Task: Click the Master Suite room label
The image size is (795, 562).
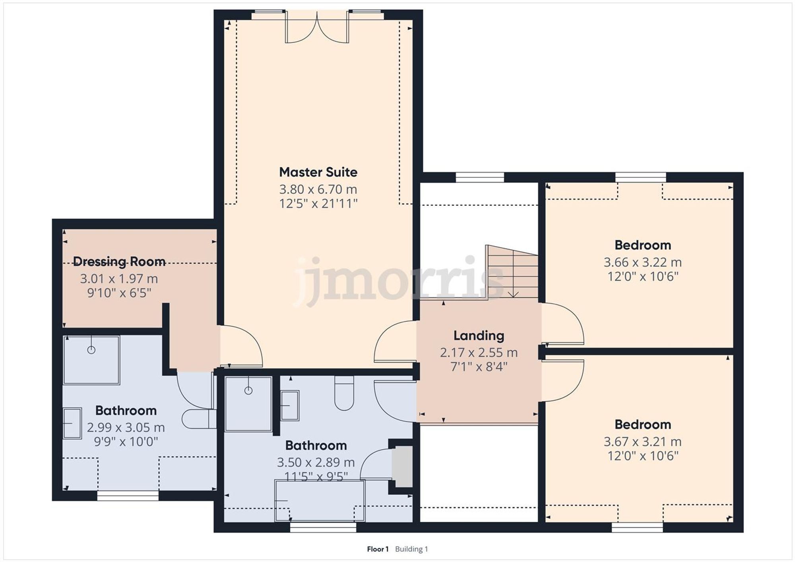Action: [318, 172]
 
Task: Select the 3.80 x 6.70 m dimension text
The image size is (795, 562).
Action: [318, 189]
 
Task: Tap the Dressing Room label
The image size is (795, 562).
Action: [119, 261]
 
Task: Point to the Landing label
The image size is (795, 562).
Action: [479, 336]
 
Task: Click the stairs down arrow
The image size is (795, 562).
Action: [514, 293]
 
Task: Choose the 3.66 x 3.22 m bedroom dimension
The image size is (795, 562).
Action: [642, 262]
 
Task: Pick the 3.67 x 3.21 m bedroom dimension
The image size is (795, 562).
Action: [642, 442]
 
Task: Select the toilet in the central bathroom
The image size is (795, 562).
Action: [344, 393]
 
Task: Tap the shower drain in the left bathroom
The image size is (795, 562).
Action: [91, 350]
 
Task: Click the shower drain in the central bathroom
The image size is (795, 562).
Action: [248, 390]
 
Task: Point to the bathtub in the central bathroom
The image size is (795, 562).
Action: [320, 500]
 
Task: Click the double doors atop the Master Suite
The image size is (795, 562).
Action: [317, 28]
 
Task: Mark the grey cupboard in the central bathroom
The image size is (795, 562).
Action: [402, 467]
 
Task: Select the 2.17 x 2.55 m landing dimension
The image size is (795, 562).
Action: [479, 353]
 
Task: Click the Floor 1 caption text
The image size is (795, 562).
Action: [378, 549]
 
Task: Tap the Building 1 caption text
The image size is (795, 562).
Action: [411, 549]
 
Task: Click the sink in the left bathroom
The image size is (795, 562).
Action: [72, 423]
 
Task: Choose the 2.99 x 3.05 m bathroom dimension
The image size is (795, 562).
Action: [126, 427]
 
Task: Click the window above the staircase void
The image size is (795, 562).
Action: [480, 177]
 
